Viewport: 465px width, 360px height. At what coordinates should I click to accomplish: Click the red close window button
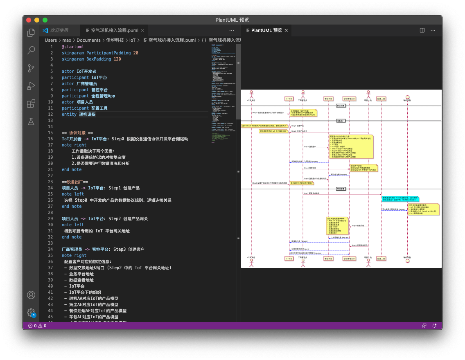[x=29, y=20]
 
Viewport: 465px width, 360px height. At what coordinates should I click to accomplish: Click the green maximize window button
[x=45, y=20]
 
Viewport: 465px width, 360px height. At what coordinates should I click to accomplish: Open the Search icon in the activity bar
[x=31, y=50]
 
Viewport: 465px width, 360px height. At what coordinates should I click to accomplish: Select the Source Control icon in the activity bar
[x=31, y=68]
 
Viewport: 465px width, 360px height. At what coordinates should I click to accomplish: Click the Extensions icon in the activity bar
[x=31, y=103]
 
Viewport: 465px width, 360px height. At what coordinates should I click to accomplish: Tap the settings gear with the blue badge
[x=31, y=313]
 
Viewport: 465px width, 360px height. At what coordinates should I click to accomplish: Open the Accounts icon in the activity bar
[x=31, y=295]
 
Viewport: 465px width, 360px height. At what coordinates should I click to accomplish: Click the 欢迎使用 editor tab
[x=59, y=30]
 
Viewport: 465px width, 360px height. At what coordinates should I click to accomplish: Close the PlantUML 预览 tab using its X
[x=287, y=30]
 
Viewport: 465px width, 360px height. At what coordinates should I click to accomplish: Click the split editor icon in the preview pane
[x=422, y=30]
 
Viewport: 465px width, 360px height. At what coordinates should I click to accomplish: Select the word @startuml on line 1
[x=73, y=47]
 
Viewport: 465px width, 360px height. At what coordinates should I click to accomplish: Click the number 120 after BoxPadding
[x=117, y=59]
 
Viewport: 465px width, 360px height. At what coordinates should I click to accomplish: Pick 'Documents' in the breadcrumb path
[x=88, y=40]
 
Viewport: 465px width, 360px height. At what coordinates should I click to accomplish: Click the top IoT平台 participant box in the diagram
[x=289, y=99]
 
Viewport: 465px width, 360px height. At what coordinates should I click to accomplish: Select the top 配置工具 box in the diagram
[x=381, y=99]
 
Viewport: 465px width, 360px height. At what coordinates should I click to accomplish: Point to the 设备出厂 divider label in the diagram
[x=341, y=121]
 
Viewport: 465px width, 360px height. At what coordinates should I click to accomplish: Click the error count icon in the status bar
[x=31, y=326]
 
